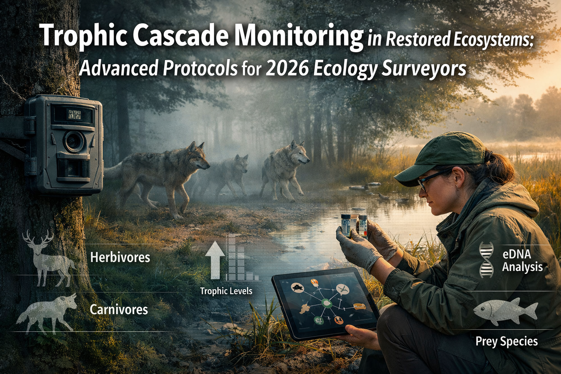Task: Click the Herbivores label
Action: (x=120, y=257)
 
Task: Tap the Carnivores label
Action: (x=119, y=310)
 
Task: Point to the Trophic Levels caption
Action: (x=226, y=291)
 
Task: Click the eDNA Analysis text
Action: (x=522, y=260)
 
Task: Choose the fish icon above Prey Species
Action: (x=505, y=311)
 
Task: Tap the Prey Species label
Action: (x=506, y=341)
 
